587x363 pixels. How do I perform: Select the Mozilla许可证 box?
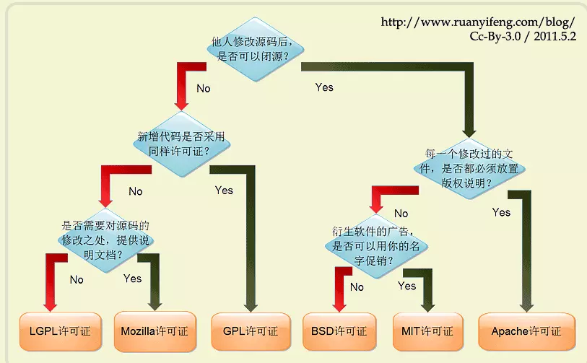155,331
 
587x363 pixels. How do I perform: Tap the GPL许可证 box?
245,331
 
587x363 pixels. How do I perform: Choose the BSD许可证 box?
339,331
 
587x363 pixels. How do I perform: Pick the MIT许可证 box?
427,331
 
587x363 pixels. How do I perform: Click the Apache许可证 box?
526,331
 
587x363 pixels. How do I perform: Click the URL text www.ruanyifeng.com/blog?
478,22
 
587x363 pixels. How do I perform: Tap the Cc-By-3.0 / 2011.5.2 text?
523,37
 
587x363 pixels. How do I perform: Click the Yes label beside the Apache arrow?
500,212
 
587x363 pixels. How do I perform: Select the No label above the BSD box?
357,287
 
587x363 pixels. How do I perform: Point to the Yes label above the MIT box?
406,286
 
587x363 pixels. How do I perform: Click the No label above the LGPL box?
77,279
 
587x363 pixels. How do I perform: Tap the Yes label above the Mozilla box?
132,278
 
